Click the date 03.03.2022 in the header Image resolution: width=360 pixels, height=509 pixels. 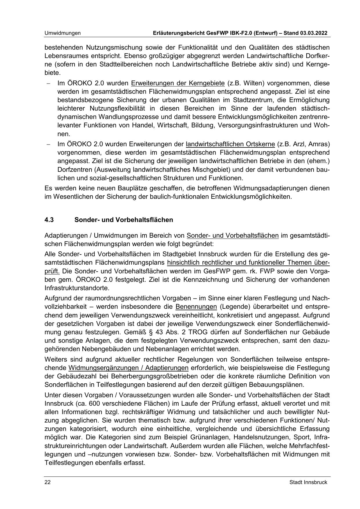click(x=312, y=33)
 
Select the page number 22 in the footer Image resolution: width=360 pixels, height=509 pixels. click(x=48, y=482)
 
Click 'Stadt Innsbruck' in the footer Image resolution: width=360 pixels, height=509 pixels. click(x=308, y=482)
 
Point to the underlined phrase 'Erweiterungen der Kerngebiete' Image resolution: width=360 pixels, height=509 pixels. click(x=178, y=84)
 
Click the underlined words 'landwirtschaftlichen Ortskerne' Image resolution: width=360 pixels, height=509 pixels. click(x=230, y=144)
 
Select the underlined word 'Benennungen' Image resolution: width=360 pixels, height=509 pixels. click(x=196, y=307)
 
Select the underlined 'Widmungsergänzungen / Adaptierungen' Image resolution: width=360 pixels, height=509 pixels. click(x=129, y=368)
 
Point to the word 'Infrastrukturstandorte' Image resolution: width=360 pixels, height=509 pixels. click(x=77, y=288)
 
